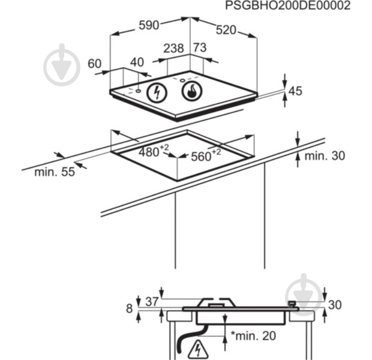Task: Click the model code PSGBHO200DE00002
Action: (x=287, y=5)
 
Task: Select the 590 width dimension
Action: (x=149, y=25)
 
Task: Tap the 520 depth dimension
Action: (x=226, y=30)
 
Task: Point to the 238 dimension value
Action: (x=173, y=48)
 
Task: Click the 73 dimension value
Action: (x=200, y=47)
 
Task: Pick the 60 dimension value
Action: (x=94, y=64)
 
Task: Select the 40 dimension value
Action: (x=137, y=62)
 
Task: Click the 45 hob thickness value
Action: (x=295, y=91)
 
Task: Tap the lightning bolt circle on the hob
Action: (x=157, y=92)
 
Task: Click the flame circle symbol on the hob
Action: (x=191, y=91)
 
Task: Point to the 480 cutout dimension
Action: (x=154, y=151)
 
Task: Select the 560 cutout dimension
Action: (x=206, y=155)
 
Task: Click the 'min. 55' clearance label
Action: (x=55, y=172)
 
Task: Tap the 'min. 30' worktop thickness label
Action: (x=325, y=156)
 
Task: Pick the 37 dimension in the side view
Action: (x=152, y=302)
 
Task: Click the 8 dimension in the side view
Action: (x=129, y=308)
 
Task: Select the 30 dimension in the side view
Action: (x=335, y=305)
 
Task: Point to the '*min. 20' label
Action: (x=253, y=335)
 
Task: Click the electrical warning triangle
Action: (x=198, y=350)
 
